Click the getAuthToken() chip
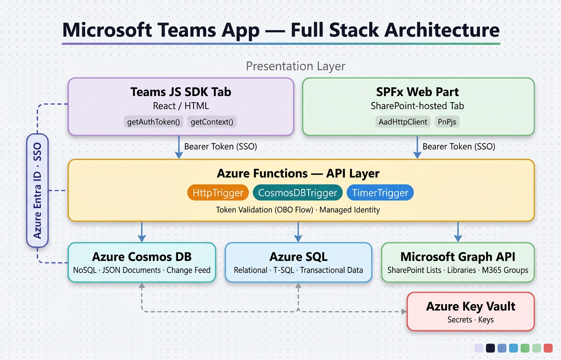(x=154, y=122)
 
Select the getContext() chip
(x=212, y=122)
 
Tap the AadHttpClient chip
(x=403, y=122)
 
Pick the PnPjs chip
(x=447, y=122)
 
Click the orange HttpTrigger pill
(x=218, y=193)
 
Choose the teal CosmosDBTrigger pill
(x=297, y=193)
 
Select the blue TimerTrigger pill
(x=380, y=193)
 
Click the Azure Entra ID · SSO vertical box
(x=38, y=190)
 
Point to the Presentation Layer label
(x=295, y=66)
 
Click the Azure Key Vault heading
(x=471, y=306)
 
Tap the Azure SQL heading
(x=298, y=257)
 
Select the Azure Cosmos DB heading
(x=142, y=257)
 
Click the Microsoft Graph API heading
(x=458, y=257)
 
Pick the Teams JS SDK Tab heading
(x=181, y=92)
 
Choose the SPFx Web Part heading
(x=418, y=92)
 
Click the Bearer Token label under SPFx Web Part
(x=459, y=146)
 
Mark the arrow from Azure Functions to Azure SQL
(x=298, y=231)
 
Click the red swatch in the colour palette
(x=548, y=348)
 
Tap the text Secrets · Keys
(x=471, y=320)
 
